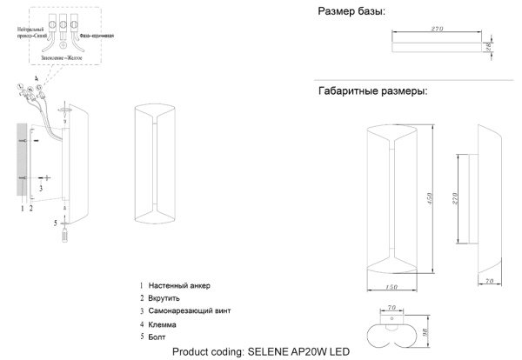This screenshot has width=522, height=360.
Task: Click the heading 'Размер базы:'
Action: pos(352,11)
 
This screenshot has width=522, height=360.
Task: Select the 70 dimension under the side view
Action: pos(490,283)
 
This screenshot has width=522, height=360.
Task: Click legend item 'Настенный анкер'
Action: pos(179,286)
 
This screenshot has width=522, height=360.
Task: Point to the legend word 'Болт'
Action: pos(157,336)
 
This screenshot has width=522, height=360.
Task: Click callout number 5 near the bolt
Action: pos(56,223)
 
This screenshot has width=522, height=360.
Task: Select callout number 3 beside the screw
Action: pos(40,187)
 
